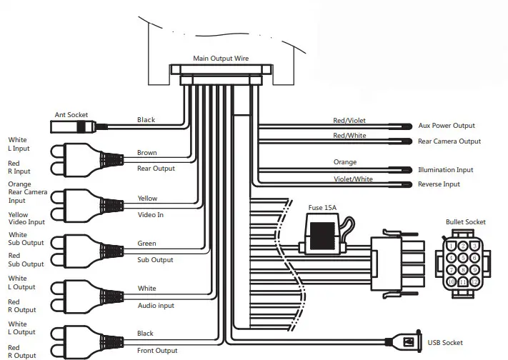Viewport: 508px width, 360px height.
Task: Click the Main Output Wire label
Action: (221, 59)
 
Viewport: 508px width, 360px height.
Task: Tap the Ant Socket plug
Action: (74, 126)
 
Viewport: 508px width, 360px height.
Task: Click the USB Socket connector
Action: (405, 342)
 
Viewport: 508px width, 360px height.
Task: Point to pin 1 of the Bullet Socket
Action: (451, 246)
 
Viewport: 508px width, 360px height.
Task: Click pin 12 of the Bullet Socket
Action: (474, 281)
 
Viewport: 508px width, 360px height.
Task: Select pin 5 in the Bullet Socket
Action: (463, 258)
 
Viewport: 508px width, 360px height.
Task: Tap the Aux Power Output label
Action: (447, 126)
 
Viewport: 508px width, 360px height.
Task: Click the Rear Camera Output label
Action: (449, 141)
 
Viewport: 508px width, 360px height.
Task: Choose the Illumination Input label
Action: (445, 170)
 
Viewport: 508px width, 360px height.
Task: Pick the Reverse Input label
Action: (439, 184)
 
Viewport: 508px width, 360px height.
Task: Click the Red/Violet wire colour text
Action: (349, 121)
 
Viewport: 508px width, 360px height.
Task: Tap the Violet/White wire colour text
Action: (353, 179)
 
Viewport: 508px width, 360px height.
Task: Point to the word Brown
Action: (146, 153)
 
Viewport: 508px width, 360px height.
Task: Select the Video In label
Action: (150, 214)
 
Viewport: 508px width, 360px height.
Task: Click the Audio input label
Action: (156, 305)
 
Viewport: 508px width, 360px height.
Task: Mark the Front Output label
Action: (157, 350)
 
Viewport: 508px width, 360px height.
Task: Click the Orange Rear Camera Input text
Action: (28, 192)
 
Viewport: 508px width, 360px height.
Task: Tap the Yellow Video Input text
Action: (26, 218)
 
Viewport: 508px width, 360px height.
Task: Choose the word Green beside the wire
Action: (146, 244)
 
